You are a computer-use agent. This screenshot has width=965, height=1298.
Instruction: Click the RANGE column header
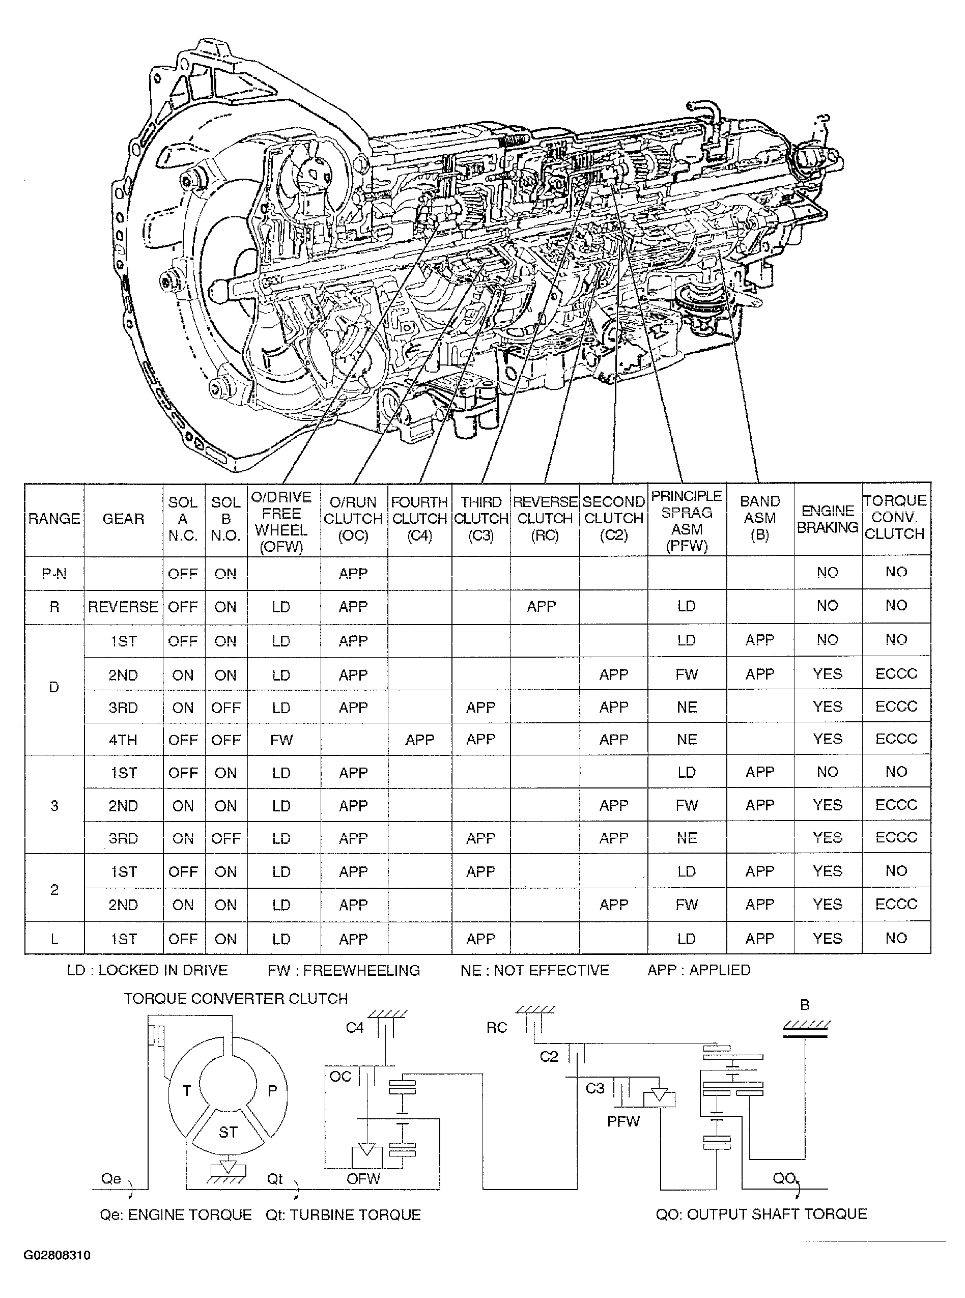click(54, 519)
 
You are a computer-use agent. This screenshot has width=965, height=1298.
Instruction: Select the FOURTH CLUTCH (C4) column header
click(419, 519)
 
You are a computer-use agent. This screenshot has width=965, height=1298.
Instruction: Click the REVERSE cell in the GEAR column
click(123, 607)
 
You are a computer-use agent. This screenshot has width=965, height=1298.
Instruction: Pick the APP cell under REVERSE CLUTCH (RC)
click(541, 606)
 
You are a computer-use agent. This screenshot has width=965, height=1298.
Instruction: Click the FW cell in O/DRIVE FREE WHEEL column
click(281, 740)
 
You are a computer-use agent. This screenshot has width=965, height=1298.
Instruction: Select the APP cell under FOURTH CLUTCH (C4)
click(419, 740)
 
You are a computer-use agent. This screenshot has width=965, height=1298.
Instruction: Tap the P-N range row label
click(54, 574)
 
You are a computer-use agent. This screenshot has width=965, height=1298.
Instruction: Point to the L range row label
click(54, 939)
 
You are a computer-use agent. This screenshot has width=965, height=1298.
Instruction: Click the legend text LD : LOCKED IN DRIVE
click(147, 970)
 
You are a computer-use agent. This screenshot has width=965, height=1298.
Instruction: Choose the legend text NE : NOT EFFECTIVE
click(534, 970)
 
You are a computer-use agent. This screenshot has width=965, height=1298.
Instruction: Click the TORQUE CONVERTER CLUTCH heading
click(236, 998)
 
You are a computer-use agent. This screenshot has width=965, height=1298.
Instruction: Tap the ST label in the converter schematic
click(228, 1132)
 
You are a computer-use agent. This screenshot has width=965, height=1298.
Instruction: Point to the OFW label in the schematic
click(363, 1179)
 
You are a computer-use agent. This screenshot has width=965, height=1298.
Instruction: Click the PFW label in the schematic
click(623, 1121)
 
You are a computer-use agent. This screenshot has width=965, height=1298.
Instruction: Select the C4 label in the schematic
click(355, 1028)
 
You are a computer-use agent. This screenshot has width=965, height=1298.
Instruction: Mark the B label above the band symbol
click(804, 1005)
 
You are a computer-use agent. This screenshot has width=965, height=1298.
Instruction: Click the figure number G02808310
click(56, 1255)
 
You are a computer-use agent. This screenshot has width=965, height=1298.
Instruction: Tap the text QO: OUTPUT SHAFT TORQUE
click(760, 1214)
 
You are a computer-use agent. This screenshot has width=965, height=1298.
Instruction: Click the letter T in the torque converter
click(187, 1091)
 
